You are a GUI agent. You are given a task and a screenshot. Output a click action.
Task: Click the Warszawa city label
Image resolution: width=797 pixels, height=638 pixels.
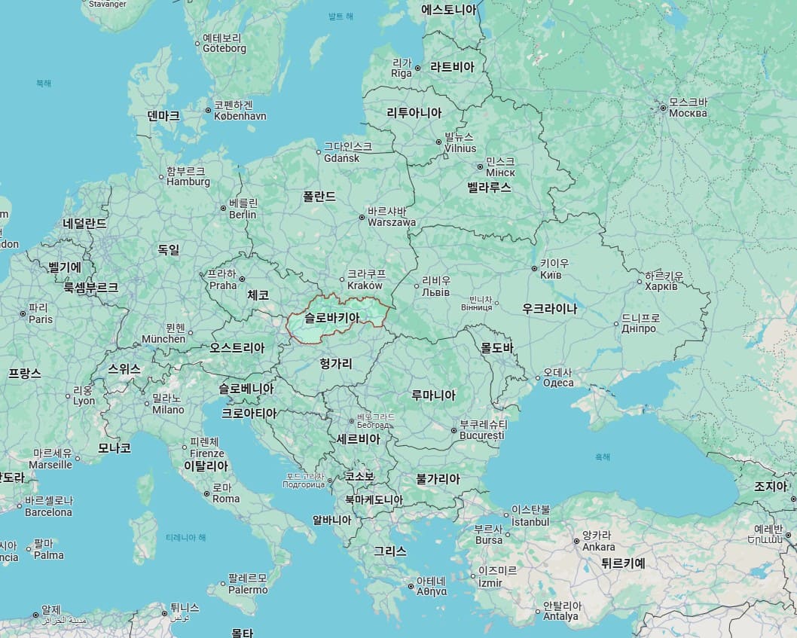pos(392,222)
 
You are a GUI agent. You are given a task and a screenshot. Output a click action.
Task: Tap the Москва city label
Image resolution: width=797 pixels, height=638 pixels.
pos(688,113)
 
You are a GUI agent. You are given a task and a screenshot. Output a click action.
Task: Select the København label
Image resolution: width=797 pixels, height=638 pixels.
pos(240,116)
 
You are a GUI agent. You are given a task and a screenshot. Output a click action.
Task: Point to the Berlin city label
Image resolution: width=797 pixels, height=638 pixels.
pos(243,215)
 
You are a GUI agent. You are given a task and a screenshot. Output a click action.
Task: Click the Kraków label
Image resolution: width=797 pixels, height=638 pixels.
pos(365,285)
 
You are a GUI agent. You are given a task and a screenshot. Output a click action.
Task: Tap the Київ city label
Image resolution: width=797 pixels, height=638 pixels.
pos(556,275)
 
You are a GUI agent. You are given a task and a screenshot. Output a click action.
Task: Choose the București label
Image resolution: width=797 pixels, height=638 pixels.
pos(481,435)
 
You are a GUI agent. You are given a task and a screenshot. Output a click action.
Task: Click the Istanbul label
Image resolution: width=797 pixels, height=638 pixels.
pos(530,521)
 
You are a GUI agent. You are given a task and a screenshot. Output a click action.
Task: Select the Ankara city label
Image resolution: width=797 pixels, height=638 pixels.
pos(599,547)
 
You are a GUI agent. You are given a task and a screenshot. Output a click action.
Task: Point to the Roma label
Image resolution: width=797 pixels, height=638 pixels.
pos(226,499)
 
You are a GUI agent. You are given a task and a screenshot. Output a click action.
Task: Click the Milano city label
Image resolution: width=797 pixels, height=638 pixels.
pos(168,410)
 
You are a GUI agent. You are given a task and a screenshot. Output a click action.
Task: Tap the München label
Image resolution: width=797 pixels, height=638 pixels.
pos(163,339)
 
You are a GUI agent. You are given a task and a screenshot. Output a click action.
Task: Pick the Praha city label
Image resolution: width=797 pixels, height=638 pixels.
pos(223,285)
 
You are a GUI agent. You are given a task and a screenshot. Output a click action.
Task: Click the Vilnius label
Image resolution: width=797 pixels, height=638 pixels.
pos(460,148)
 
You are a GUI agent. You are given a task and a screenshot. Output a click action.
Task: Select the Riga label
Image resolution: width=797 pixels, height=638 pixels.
pos(402,73)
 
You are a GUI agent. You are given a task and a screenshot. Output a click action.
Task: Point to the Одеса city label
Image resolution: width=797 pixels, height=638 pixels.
pos(558,383)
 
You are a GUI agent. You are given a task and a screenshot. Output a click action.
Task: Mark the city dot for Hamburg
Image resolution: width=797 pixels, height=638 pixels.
pos(161,178)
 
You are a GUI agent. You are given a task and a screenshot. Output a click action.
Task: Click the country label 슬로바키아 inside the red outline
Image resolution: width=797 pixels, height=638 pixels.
pos(331,318)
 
